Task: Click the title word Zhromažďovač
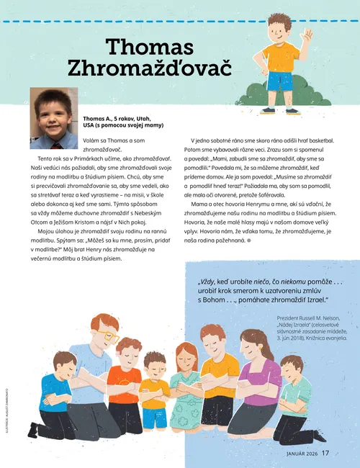[150, 68]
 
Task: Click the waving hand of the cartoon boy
[307, 35]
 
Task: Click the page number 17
[325, 453]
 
